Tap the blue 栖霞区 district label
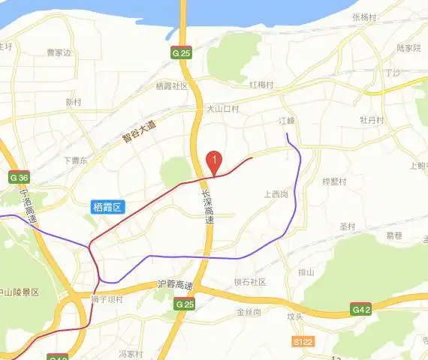[107, 206]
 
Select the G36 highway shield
[19, 178]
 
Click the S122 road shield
[302, 340]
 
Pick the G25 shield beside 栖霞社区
[181, 53]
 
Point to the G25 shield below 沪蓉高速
[184, 304]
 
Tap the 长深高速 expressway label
[208, 208]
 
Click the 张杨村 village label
[363, 16]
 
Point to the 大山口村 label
[223, 109]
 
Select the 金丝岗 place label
[249, 311]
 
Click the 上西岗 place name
[276, 194]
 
